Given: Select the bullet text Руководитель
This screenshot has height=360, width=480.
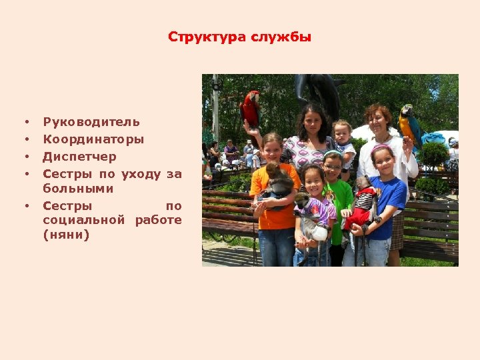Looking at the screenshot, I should click(91, 122).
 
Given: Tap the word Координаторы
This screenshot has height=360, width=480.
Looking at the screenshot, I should click(93, 139).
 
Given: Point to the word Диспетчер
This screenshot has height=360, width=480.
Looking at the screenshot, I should click(79, 157).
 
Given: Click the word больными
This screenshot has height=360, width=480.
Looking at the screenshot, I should click(78, 189).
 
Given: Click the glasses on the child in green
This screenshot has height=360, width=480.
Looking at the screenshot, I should click(333, 167).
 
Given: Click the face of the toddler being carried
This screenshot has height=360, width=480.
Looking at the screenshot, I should click(343, 133).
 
